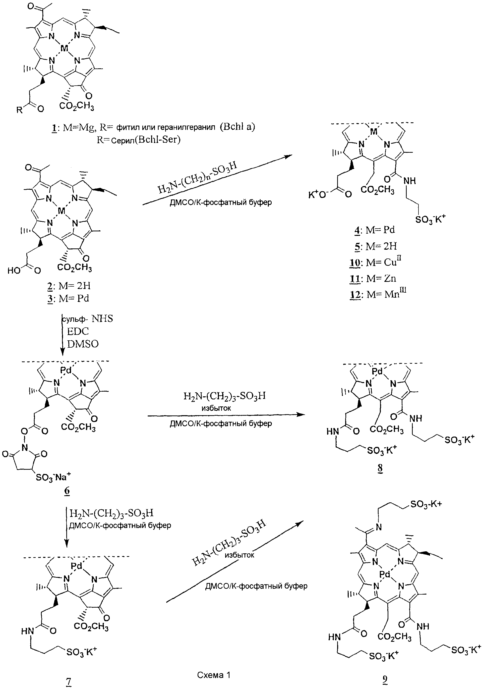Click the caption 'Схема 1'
[214, 675]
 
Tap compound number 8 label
[380, 468]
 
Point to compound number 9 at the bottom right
[385, 680]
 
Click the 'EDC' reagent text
[78, 331]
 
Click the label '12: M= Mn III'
[378, 294]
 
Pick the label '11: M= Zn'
[373, 279]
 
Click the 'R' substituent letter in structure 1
[19, 110]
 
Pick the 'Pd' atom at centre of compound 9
[385, 574]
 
